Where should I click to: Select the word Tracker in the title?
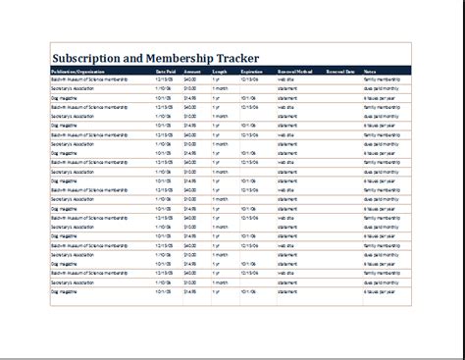coord(288,55)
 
